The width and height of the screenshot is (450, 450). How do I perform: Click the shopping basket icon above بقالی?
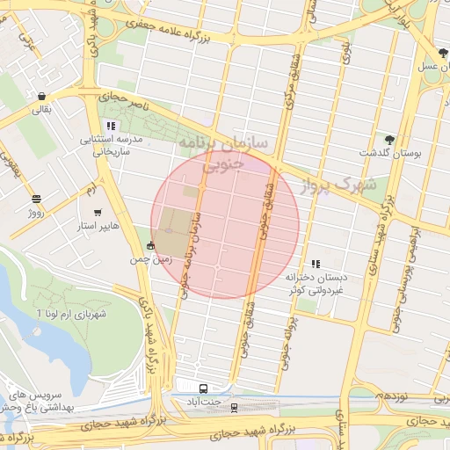(x=41, y=96)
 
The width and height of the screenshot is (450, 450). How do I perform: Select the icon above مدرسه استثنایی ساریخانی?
(x=110, y=125)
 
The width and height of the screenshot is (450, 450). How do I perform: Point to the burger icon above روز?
(x=36, y=199)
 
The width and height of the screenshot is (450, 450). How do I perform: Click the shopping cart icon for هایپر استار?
(x=97, y=213)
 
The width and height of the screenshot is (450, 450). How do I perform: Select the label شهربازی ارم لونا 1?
(x=71, y=314)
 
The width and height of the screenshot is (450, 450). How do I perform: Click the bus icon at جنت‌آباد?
(x=204, y=388)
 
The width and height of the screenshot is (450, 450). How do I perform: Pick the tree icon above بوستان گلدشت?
(x=389, y=139)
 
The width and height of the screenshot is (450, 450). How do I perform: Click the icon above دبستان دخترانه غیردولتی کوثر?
(x=316, y=263)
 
